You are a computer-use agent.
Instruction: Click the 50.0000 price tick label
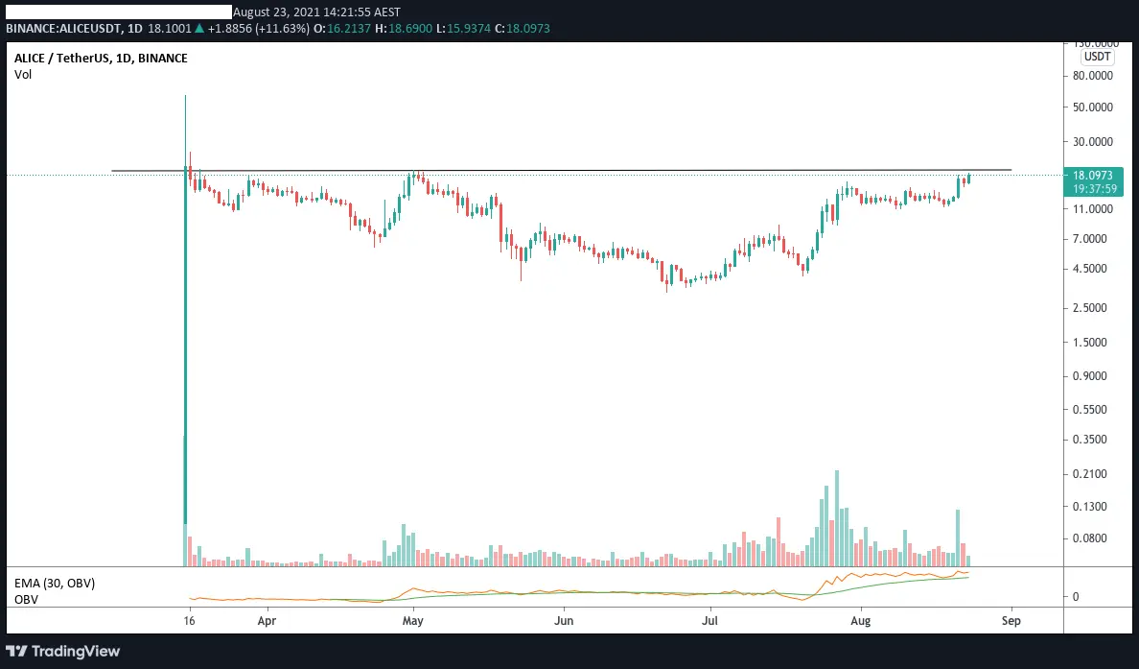point(1093,107)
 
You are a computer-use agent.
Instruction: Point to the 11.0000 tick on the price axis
point(1093,208)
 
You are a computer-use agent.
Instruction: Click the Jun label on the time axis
point(564,621)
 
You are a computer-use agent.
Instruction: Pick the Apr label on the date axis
point(267,621)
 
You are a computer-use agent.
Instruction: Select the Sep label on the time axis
point(1011,621)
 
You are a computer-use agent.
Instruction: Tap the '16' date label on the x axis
point(190,621)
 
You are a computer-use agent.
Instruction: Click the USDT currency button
point(1097,57)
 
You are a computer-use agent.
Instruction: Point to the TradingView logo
point(62,651)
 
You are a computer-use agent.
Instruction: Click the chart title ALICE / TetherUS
point(62,59)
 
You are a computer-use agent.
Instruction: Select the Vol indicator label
point(23,74)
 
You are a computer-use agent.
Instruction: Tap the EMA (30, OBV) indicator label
point(55,584)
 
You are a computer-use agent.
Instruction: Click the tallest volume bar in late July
point(837,517)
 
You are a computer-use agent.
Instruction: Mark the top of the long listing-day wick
point(185,95)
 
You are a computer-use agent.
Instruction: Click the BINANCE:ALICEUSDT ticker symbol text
point(64,29)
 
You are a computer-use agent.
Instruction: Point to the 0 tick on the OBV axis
point(1076,596)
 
